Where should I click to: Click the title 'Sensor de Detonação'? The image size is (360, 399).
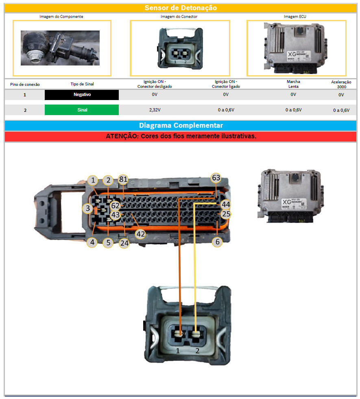(181, 8)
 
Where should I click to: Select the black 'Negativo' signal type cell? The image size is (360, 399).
(82, 94)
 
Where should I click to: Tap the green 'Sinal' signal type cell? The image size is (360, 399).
(82, 110)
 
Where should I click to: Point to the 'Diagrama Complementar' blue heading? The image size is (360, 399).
(181, 126)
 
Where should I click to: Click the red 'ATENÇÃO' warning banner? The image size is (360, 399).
(181, 136)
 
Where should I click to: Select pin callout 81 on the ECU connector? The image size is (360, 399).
(123, 180)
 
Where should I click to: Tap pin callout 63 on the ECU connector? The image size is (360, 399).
(216, 178)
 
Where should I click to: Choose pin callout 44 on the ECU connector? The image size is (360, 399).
(225, 204)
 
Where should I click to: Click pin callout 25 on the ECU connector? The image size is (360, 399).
(226, 214)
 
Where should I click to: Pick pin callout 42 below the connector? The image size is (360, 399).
(140, 234)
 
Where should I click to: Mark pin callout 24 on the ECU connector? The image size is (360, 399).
(124, 244)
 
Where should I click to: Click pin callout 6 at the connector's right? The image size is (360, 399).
(218, 242)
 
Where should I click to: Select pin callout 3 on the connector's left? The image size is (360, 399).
(87, 209)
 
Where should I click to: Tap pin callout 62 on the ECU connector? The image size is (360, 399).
(116, 206)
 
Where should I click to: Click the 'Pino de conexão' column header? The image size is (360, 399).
(25, 84)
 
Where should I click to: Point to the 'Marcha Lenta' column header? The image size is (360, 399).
(293, 84)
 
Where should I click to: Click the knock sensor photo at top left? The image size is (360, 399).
(60, 48)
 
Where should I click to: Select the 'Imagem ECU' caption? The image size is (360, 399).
(296, 17)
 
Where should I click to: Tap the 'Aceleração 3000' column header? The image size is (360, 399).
(341, 84)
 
